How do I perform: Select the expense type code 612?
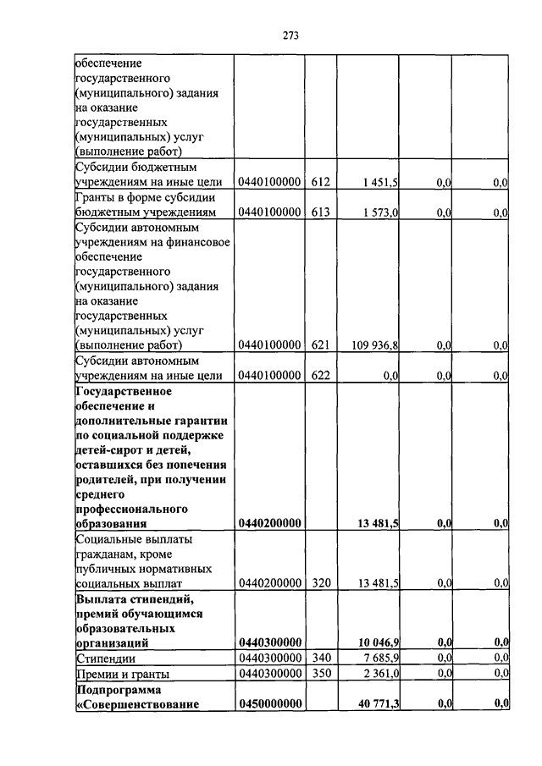319,182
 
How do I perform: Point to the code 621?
319,345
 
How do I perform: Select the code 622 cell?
319,375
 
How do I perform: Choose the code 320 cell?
319,583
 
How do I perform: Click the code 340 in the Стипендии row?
319,658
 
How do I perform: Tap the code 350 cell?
319,673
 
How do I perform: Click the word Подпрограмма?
113,689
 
